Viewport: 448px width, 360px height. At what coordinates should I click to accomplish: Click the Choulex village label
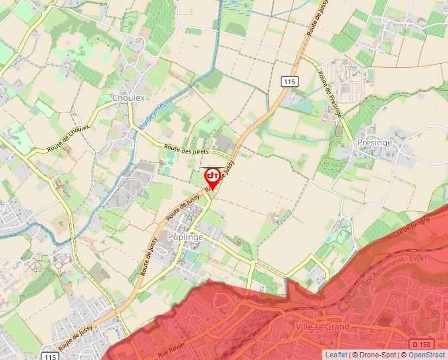(x=128, y=97)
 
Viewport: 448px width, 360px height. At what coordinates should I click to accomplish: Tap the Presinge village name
(x=374, y=142)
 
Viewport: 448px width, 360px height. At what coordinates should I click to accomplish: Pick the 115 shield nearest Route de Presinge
(x=289, y=82)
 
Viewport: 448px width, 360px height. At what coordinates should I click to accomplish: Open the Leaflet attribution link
(x=336, y=355)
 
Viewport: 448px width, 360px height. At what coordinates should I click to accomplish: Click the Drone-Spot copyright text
(x=375, y=355)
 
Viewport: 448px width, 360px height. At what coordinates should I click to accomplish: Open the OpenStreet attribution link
(x=427, y=355)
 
